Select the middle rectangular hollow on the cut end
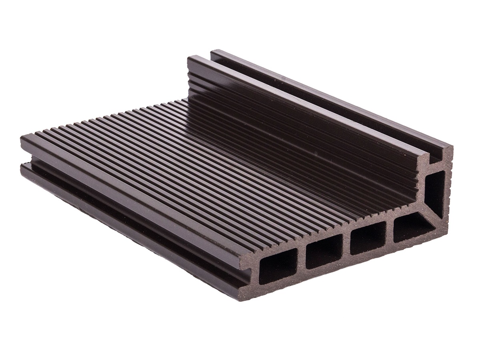point(324,251)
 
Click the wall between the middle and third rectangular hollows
point(346,246)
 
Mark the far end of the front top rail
point(192,60)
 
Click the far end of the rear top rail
point(214,52)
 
